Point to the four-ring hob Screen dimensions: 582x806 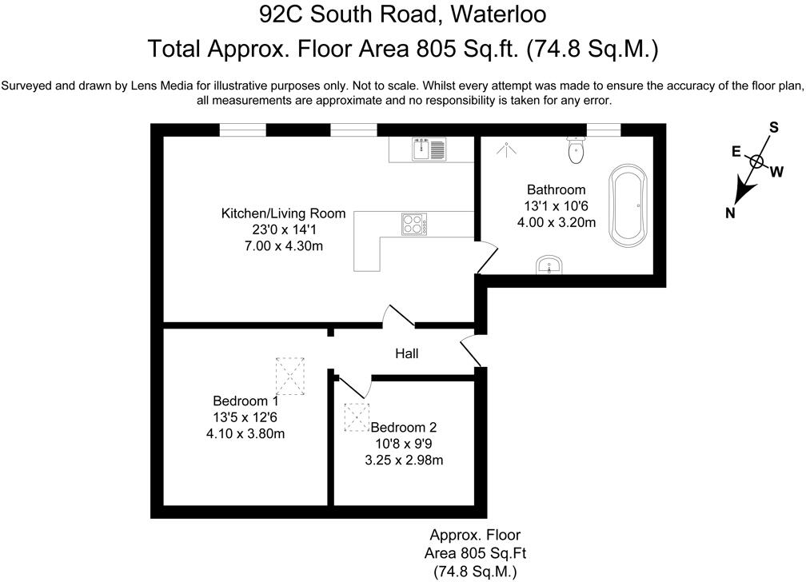coord(413,224)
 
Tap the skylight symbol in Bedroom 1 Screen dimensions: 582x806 coord(291,374)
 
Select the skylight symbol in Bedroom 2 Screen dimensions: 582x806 coord(356,417)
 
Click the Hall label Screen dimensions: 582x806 coord(407,353)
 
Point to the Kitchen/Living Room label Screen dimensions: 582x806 coord(283,213)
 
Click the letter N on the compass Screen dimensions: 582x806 coord(730,212)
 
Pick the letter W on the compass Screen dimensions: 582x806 coord(776,170)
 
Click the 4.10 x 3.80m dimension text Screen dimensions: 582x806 coord(245,433)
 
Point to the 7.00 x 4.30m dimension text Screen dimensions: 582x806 coord(283,246)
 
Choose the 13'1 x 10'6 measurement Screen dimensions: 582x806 coord(556,206)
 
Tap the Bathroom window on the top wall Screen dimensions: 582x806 coord(604,128)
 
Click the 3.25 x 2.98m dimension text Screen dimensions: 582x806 coord(404,460)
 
